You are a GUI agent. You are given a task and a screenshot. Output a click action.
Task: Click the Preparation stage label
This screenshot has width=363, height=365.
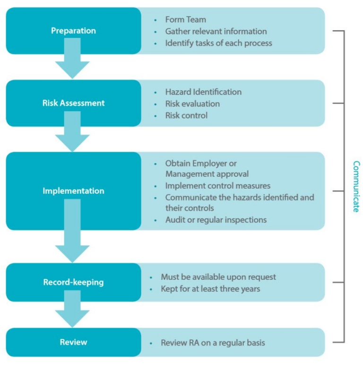click(73, 31)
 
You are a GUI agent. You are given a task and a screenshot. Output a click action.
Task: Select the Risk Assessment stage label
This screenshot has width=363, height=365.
click(73, 103)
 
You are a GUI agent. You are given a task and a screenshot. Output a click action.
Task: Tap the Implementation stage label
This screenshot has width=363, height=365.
click(73, 191)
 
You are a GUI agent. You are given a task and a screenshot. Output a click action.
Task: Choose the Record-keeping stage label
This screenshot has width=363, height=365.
click(73, 282)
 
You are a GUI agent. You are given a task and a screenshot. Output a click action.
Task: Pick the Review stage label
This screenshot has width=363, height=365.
click(73, 342)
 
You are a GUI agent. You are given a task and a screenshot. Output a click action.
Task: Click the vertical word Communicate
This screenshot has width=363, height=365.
click(356, 186)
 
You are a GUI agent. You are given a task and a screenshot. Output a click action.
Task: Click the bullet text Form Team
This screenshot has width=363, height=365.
click(185, 20)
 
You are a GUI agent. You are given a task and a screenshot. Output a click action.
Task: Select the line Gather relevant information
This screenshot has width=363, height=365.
click(216, 32)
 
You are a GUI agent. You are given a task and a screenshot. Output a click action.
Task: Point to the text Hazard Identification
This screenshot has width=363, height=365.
click(203, 92)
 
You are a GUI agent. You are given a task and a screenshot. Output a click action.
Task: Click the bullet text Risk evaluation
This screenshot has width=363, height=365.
click(192, 104)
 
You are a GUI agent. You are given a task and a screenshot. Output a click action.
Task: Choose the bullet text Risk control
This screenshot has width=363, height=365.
click(186, 115)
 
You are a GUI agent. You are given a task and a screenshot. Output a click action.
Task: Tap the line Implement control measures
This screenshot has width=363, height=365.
click(217, 186)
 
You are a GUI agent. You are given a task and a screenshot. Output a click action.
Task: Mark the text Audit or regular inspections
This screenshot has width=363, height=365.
click(216, 220)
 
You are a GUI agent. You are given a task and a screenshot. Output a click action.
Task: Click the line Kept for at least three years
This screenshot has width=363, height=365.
click(210, 288)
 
